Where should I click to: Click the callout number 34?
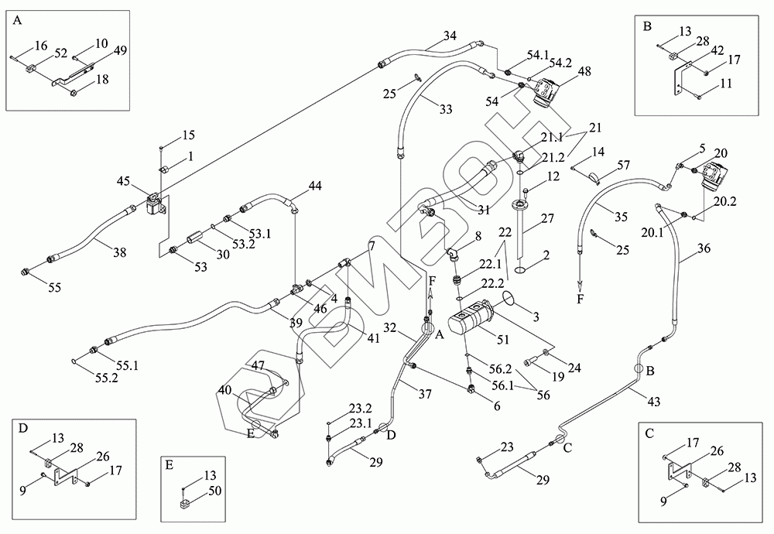450,36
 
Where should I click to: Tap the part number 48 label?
584,71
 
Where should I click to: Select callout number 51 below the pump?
503,340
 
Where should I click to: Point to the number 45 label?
123,181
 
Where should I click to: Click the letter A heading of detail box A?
17,21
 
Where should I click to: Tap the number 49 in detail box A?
120,50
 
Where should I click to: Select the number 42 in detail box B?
717,51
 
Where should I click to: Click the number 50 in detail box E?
215,491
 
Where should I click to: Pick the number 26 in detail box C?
717,451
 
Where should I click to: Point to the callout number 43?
653,402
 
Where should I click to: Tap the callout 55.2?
107,378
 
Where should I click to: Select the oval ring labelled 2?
522,270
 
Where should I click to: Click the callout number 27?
547,218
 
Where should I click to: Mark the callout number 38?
119,252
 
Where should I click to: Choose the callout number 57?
624,165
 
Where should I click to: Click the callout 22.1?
490,264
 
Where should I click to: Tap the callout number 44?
315,186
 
